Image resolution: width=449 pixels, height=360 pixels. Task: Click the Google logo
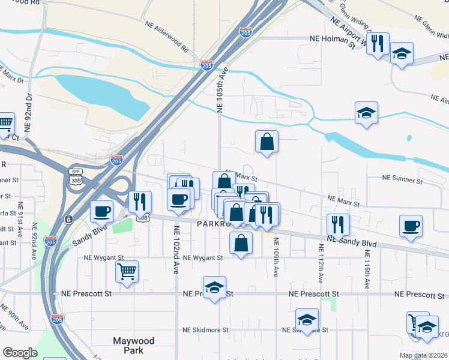coord(20,353)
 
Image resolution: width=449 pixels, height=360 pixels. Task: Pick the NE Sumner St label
coord(403,180)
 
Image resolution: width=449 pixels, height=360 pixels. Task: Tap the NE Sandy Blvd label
coord(352,243)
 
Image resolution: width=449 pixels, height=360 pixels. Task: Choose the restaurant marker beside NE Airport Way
coord(378,43)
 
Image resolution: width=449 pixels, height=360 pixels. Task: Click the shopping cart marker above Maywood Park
coord(127,271)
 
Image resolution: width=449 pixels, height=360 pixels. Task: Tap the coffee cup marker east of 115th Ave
coord(411,226)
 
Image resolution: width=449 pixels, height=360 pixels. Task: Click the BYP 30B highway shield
coord(76,176)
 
